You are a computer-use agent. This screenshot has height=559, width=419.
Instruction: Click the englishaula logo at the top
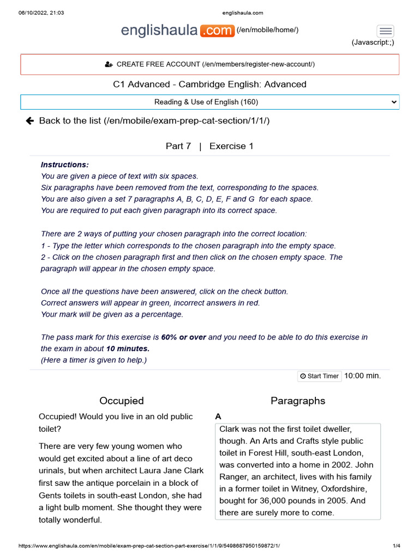click(177, 31)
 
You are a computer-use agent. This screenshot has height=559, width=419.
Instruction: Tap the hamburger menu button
click(385, 31)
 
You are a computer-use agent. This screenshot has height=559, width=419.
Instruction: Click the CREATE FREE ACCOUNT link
click(209, 64)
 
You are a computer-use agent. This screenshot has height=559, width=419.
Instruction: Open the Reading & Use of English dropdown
click(209, 102)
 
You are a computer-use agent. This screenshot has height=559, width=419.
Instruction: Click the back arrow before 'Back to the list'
click(30, 121)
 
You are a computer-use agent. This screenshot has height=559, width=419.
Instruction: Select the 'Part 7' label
click(178, 146)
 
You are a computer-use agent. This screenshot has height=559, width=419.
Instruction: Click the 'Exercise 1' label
click(231, 146)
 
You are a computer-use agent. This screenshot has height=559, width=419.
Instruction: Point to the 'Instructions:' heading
click(64, 165)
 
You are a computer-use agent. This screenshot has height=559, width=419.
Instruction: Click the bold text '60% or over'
click(183, 337)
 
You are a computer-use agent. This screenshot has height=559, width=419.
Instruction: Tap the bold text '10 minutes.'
click(128, 348)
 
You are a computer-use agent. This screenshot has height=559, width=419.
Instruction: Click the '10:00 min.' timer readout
click(362, 376)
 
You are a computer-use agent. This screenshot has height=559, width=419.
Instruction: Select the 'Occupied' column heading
click(122, 401)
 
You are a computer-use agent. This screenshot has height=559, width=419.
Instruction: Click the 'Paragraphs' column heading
click(298, 401)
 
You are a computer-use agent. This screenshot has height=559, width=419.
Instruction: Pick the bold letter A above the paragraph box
click(218, 417)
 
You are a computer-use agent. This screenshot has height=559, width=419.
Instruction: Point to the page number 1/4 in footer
click(396, 546)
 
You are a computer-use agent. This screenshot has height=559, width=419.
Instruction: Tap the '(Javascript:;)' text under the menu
click(373, 43)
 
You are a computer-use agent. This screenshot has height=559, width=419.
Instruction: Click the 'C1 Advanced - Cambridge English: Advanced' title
click(209, 84)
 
